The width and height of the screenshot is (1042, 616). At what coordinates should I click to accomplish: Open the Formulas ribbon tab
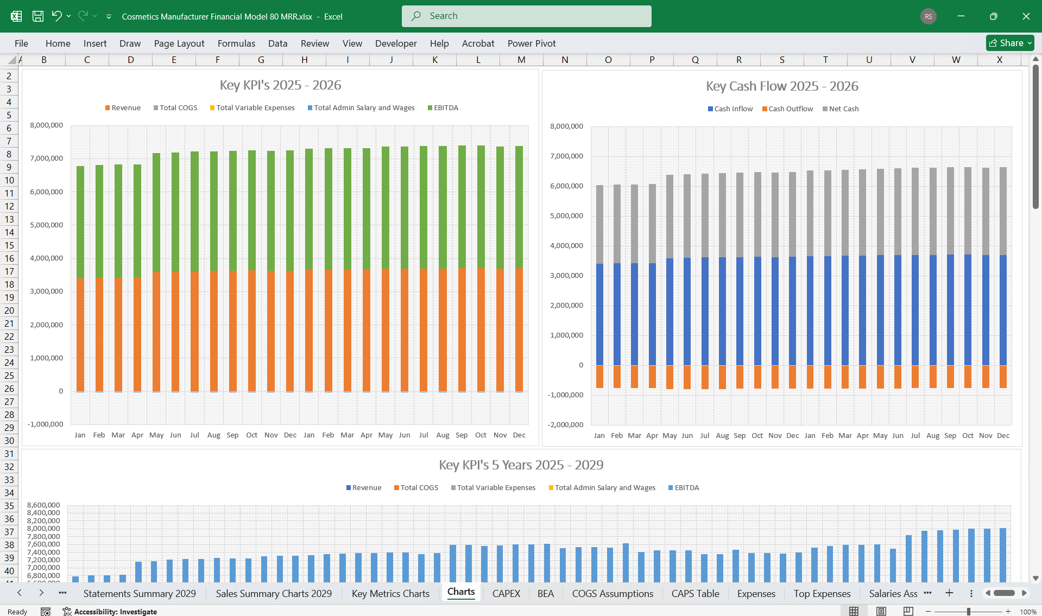tap(236, 43)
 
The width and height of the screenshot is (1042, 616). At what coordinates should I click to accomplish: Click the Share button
tap(1009, 43)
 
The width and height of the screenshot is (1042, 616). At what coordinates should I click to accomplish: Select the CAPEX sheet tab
tap(506, 593)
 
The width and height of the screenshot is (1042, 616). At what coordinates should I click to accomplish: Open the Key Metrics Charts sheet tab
tap(390, 593)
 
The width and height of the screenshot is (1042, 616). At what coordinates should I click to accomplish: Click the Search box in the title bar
tap(526, 16)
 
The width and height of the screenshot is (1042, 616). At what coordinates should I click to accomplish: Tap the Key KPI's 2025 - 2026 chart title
tap(280, 85)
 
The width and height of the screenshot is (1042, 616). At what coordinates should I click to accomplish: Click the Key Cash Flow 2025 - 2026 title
tap(782, 86)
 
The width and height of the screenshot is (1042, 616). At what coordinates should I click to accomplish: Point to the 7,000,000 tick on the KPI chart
tap(47, 158)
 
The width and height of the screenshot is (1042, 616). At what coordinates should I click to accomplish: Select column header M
tap(521, 60)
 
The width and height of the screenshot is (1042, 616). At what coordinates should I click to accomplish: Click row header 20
tap(9, 310)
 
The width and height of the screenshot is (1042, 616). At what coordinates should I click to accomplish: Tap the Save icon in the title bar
tap(38, 16)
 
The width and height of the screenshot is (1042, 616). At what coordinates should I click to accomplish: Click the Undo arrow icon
tap(56, 16)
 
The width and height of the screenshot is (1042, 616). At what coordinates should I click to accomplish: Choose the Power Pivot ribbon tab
tap(532, 43)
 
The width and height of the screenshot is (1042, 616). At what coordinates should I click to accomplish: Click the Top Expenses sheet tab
tap(822, 593)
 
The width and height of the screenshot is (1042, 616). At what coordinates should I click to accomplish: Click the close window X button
tap(1026, 16)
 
